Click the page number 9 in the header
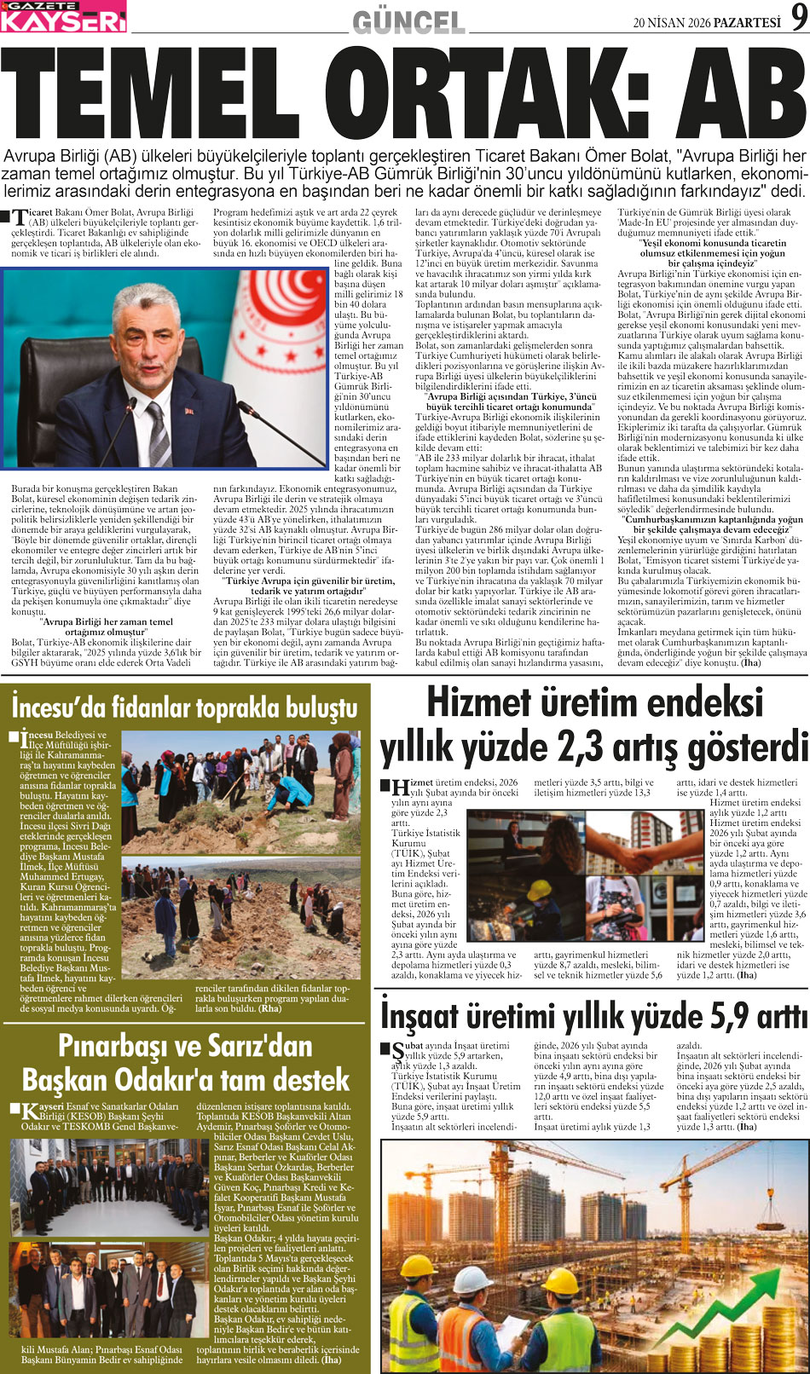point(797,18)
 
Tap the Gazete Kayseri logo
point(63,17)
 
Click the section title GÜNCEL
point(408,22)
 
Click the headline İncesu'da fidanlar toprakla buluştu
point(184,707)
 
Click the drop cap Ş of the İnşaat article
point(397,1051)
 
